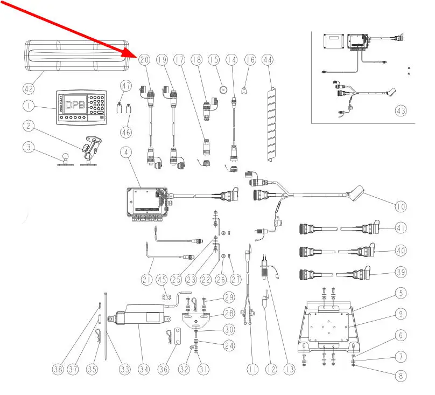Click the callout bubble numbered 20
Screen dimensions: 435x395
tap(144, 60)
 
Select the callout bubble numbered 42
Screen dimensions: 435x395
tap(29, 88)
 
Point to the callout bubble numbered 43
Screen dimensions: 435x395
tap(400, 111)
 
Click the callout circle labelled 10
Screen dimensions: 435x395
tap(401, 206)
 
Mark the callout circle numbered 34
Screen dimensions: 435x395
tap(143, 370)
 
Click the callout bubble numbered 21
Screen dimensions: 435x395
tap(147, 279)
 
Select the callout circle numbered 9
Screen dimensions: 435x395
tap(401, 313)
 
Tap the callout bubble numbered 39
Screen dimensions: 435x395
tap(400, 272)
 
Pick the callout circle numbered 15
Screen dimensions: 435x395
tap(214, 60)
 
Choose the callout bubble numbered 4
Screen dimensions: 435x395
tap(126, 153)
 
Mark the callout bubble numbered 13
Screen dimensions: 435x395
tap(290, 370)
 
